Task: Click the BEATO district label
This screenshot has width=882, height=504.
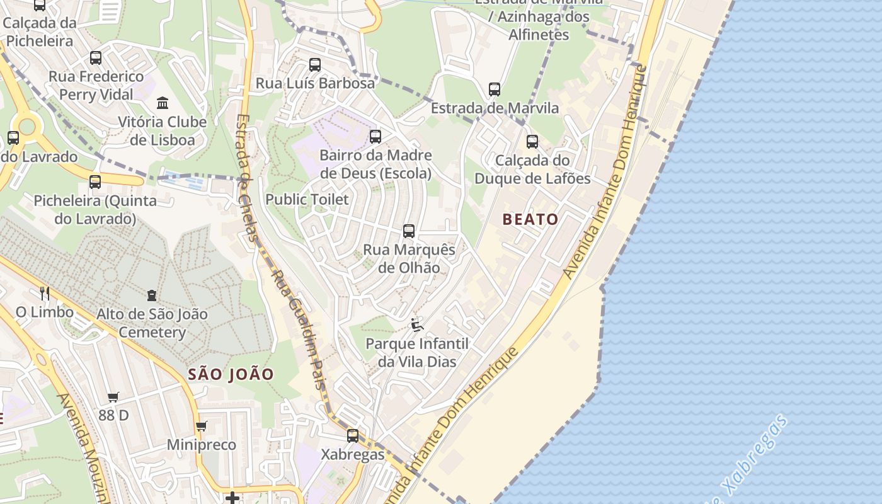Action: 530,219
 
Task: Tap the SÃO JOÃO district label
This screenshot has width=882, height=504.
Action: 231,374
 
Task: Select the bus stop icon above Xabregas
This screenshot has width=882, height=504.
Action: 353,435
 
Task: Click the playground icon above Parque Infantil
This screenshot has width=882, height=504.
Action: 416,325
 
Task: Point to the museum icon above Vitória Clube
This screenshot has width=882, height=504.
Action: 163,102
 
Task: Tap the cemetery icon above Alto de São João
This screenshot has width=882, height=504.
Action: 152,295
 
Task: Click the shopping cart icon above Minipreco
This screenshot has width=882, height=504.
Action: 202,427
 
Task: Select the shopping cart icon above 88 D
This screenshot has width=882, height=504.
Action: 113,397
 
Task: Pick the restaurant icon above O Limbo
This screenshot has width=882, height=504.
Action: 45,293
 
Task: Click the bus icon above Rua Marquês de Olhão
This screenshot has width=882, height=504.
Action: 409,231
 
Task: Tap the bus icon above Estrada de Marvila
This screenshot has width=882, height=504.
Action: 495,89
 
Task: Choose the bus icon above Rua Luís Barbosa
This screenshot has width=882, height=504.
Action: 315,64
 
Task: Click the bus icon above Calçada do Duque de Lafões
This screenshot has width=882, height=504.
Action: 532,142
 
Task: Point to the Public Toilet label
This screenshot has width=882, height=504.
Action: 307,200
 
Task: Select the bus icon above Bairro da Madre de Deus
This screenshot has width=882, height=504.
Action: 375,136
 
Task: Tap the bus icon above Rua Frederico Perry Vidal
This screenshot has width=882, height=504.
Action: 96,58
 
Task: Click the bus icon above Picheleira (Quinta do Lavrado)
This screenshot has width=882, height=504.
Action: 95,182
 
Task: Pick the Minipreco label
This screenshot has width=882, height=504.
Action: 202,445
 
